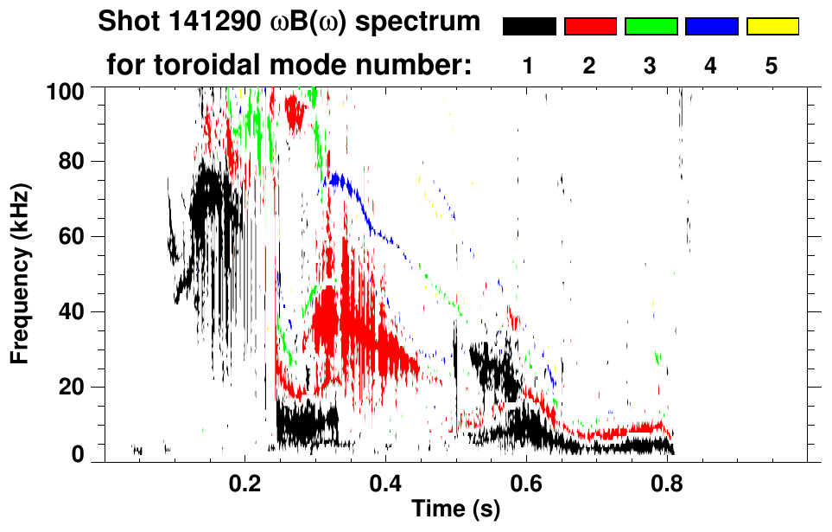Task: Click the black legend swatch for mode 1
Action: pos(530,27)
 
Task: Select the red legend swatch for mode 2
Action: pos(590,27)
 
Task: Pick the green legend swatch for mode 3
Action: pos(651,27)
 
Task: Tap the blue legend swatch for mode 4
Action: pos(711,27)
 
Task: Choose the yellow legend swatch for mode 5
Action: pos(772,27)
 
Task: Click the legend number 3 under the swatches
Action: pos(651,67)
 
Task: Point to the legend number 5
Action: pos(772,67)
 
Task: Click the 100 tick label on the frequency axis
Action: pos(63,88)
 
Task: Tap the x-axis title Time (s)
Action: pos(454,510)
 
